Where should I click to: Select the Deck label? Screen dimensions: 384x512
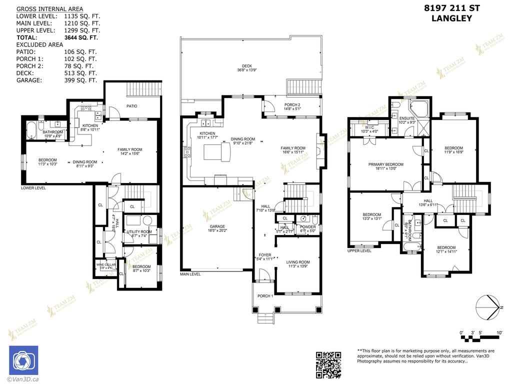[x=246, y=66]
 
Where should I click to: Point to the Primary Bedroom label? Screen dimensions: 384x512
[x=385, y=164]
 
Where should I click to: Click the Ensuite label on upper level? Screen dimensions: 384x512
[x=407, y=119]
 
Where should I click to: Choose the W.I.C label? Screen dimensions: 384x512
[x=370, y=127]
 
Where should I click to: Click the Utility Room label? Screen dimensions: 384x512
[x=139, y=232]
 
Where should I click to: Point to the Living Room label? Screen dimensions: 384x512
[x=298, y=262]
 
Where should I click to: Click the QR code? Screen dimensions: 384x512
[x=329, y=364]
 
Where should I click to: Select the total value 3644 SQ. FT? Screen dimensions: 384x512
[x=81, y=37]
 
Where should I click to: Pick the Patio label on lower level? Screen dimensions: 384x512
[x=131, y=106]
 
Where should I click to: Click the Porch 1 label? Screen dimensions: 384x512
[x=265, y=296]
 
